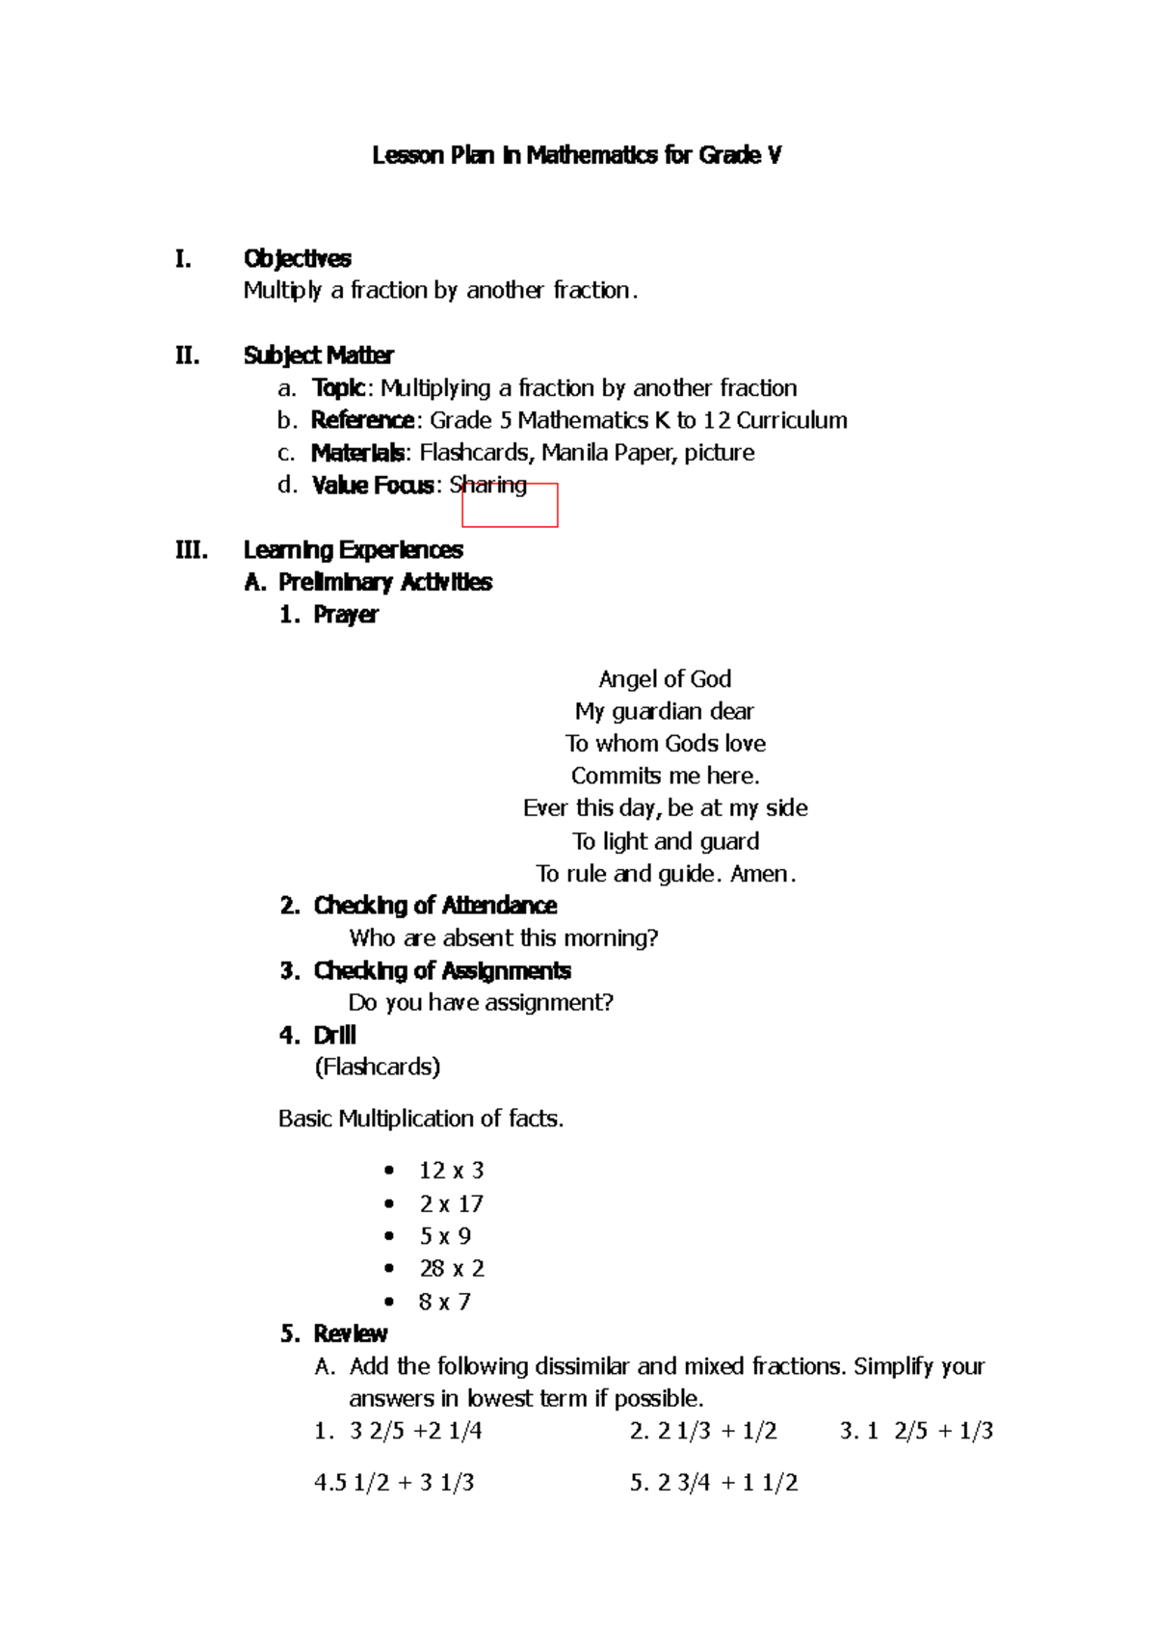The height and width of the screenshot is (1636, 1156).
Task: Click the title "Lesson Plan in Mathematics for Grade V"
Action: click(576, 155)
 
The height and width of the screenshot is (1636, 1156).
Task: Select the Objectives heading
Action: click(297, 258)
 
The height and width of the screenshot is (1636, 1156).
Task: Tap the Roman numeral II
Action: click(187, 356)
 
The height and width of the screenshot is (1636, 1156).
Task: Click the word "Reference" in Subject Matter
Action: click(362, 420)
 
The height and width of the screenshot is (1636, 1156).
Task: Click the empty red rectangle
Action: click(510, 506)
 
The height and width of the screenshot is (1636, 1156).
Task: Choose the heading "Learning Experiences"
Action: click(353, 550)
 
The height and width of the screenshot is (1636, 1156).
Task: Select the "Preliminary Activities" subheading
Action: click(384, 582)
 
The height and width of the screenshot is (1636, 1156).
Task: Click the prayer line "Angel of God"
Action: click(665, 679)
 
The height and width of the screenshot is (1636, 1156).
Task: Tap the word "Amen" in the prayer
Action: click(760, 874)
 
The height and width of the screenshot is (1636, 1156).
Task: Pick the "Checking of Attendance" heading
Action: click(434, 906)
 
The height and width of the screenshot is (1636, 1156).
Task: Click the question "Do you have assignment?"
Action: click(481, 1003)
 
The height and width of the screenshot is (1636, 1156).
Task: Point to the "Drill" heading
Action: click(334, 1035)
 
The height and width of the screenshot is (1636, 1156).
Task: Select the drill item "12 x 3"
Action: click(451, 1171)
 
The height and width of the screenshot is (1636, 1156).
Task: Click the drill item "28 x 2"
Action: click(451, 1268)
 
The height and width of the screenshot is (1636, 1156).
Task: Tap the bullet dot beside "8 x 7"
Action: click(389, 1302)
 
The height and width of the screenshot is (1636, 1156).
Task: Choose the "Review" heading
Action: click(350, 1333)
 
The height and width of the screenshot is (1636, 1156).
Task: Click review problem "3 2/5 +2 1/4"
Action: click(415, 1431)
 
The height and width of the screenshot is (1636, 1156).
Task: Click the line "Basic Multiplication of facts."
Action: click(421, 1119)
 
